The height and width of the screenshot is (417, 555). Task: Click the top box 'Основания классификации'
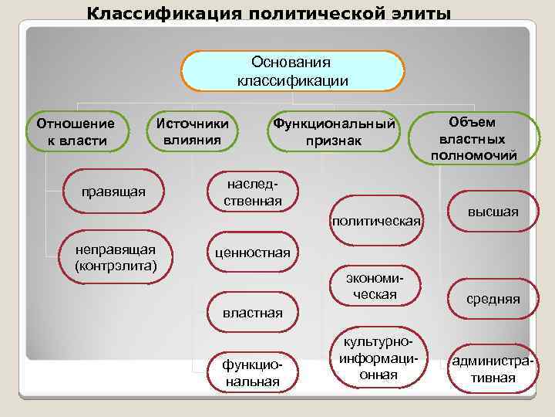(293, 71)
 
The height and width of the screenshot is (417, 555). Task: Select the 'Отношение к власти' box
(71, 131)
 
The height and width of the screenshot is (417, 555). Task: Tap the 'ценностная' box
(252, 253)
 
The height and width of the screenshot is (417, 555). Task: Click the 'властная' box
(252, 313)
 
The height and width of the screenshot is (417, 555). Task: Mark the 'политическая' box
(377, 222)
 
